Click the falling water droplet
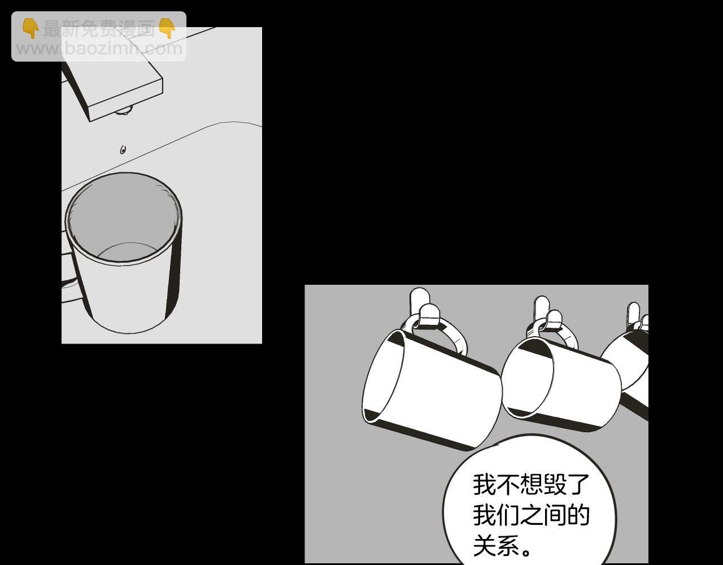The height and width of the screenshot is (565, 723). pos(123,150)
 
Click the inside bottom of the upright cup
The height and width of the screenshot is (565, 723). pos(128,252)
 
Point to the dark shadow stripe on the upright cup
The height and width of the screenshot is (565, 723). pos(173,273)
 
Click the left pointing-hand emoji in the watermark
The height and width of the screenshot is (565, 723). pos(31,28)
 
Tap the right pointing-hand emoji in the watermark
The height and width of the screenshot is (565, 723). pos(167,28)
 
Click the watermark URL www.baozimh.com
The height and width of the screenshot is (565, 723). pos(99,49)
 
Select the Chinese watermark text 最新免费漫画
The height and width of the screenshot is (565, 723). pos(99,29)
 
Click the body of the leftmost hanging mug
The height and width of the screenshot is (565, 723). pos(432,389)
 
